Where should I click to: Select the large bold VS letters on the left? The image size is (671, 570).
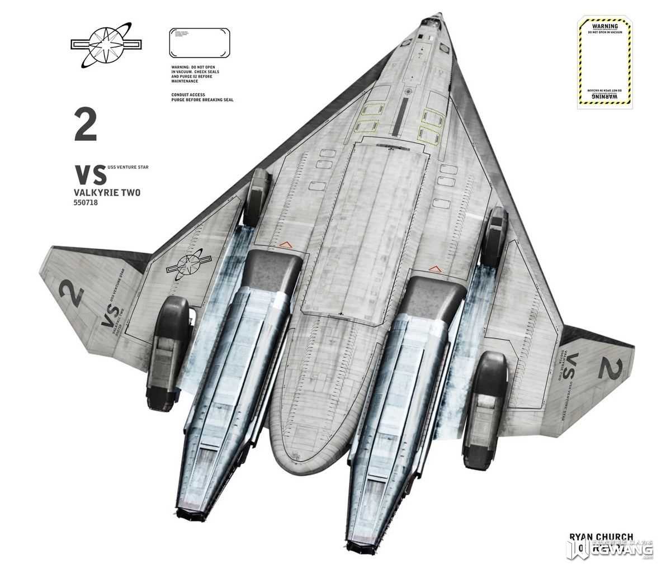(91, 175)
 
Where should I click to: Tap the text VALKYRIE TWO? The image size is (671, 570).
(107, 193)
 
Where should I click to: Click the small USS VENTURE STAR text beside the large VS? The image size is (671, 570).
(128, 167)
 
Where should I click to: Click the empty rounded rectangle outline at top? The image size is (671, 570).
(200, 42)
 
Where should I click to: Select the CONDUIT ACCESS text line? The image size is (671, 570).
(188, 95)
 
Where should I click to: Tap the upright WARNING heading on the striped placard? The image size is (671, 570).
(605, 26)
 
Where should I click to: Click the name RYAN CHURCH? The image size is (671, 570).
(601, 537)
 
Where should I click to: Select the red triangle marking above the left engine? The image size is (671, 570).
(285, 244)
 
